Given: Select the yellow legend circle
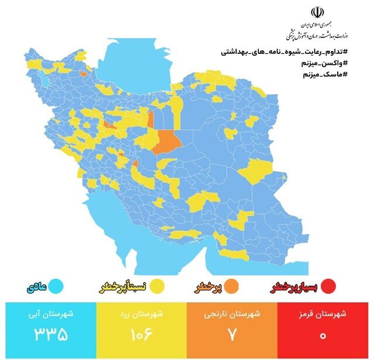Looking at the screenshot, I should pyautogui.click(x=158, y=287).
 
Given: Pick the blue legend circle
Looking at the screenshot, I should pyautogui.click(x=56, y=287).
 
